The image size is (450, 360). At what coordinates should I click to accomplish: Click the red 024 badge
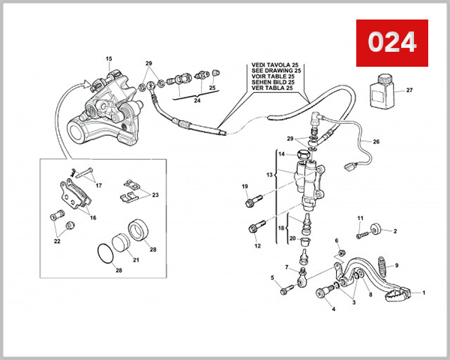391,43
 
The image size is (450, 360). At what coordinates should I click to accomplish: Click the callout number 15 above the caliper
109,58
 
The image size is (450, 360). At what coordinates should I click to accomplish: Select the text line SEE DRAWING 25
275,73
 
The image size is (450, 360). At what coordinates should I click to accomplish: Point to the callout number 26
376,141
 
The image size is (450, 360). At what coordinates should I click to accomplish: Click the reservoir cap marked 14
303,155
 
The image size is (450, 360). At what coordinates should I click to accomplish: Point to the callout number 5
272,278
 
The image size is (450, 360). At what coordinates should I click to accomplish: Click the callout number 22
57,241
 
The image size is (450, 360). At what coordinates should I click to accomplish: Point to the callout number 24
197,100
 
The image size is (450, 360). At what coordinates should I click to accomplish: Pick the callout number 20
292,238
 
